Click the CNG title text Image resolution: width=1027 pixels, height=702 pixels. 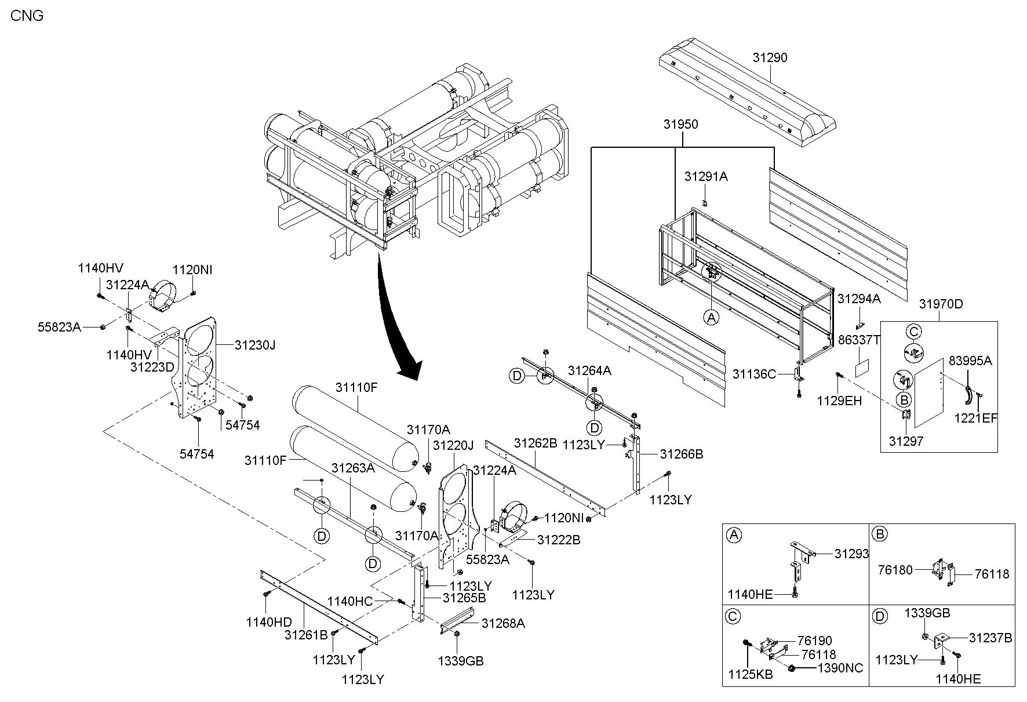pos(27,16)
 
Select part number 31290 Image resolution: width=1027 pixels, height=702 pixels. pos(770,58)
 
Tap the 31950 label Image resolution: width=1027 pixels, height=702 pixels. pos(681,124)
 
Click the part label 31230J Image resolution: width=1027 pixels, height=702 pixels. pos(254,345)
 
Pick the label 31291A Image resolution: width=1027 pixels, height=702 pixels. pos(706,177)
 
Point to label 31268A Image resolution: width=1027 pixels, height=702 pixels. pos(503,623)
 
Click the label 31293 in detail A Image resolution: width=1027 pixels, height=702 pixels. pos(851,554)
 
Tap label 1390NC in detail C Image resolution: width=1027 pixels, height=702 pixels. pos(840,668)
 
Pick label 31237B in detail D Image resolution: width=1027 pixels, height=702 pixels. pos(990,638)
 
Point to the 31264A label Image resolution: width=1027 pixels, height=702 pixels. pos(589,370)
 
